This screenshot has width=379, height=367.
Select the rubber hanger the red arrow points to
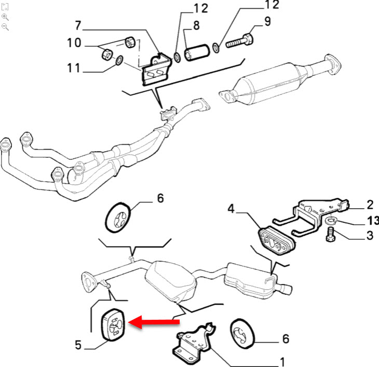point(113,325)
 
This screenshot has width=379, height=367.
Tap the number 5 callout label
point(78,344)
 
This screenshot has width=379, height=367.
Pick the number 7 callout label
point(78,24)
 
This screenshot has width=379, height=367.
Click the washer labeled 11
point(119,61)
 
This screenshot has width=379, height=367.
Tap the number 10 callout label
point(74,43)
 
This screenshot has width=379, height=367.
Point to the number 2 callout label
point(370,204)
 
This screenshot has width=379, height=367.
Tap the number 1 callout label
point(282,361)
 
